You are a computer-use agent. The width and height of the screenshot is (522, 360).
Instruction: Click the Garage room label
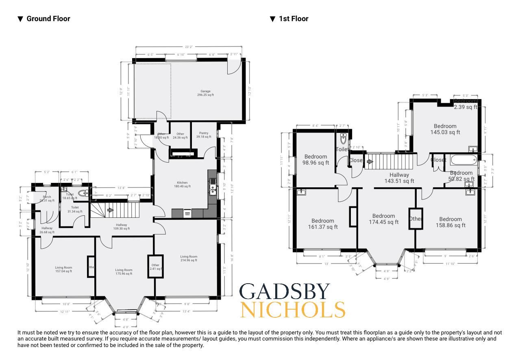pyautogui.click(x=205, y=93)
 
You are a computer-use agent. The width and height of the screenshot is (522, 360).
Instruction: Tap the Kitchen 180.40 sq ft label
pyautogui.click(x=182, y=184)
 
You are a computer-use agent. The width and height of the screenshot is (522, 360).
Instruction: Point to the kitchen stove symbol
pyautogui.click(x=187, y=213)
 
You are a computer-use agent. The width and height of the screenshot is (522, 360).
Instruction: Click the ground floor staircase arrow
pyautogui.click(x=110, y=210)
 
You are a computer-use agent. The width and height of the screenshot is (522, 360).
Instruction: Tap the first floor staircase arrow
pyautogui.click(x=370, y=162)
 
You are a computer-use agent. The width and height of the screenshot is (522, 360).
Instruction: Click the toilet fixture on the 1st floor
pyautogui.click(x=344, y=139)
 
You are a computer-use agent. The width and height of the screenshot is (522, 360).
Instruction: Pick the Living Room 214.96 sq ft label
pyautogui.click(x=189, y=258)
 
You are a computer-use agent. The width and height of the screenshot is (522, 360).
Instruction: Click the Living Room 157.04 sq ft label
pyautogui.click(x=64, y=269)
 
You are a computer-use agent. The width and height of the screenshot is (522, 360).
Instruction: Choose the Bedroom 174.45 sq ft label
pyautogui.click(x=383, y=219)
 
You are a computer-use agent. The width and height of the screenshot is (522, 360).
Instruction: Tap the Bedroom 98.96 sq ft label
pyautogui.click(x=316, y=160)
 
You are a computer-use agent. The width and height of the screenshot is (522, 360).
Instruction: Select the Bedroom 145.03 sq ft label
pyautogui.click(x=445, y=129)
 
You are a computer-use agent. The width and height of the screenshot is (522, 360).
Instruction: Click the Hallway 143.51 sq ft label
pyautogui.click(x=399, y=178)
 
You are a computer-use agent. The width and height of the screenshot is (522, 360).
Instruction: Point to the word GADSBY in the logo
pyautogui.click(x=285, y=292)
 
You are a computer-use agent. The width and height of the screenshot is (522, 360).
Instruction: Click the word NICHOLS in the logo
pyautogui.click(x=292, y=310)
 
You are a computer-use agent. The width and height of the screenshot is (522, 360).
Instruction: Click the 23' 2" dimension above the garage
pyautogui.click(x=188, y=47)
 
